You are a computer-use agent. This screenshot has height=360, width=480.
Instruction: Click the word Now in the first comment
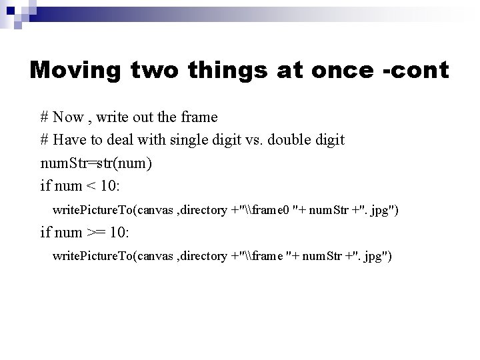68,117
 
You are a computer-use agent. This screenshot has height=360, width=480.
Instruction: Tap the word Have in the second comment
71,140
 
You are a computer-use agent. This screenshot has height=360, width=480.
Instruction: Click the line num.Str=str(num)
97,163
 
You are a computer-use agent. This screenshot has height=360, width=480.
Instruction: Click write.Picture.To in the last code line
93,257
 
